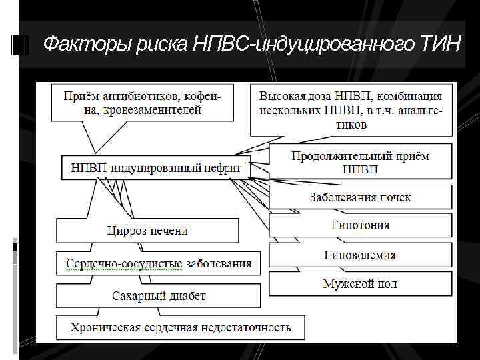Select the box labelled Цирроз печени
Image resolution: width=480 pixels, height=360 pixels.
147,231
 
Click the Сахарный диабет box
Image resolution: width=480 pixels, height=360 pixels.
158,295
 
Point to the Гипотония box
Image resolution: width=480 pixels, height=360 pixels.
360,225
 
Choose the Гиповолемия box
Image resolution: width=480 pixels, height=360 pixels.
360,255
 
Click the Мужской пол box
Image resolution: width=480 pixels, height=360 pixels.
360,283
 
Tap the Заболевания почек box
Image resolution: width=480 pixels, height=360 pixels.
360,197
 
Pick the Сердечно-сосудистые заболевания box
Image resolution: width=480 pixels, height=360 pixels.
159,263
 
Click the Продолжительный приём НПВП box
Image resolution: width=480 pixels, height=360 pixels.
360,162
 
